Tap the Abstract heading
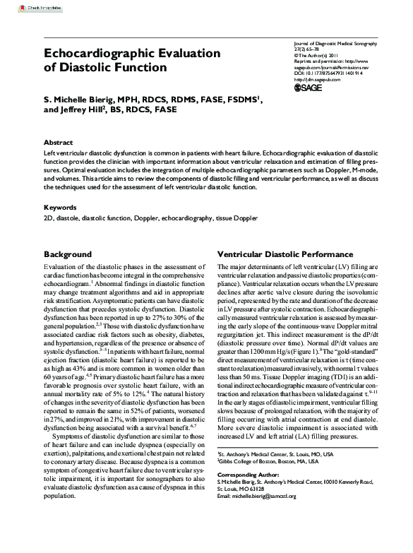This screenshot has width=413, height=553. coord(58,142)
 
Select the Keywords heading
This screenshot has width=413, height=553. coord(60,208)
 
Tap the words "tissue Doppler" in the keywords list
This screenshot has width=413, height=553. coord(237,220)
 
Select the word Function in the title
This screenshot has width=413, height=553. coord(138,68)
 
